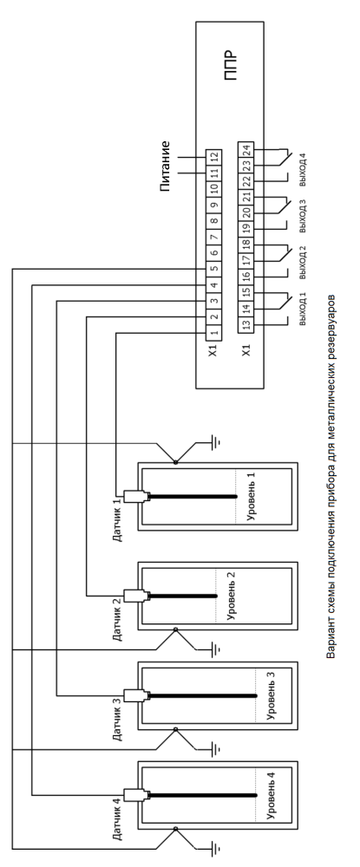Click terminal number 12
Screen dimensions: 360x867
click(214, 157)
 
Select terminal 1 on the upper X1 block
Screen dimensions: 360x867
click(214, 333)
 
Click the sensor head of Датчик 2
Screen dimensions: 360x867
click(134, 596)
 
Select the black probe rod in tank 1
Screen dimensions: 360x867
click(193, 497)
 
